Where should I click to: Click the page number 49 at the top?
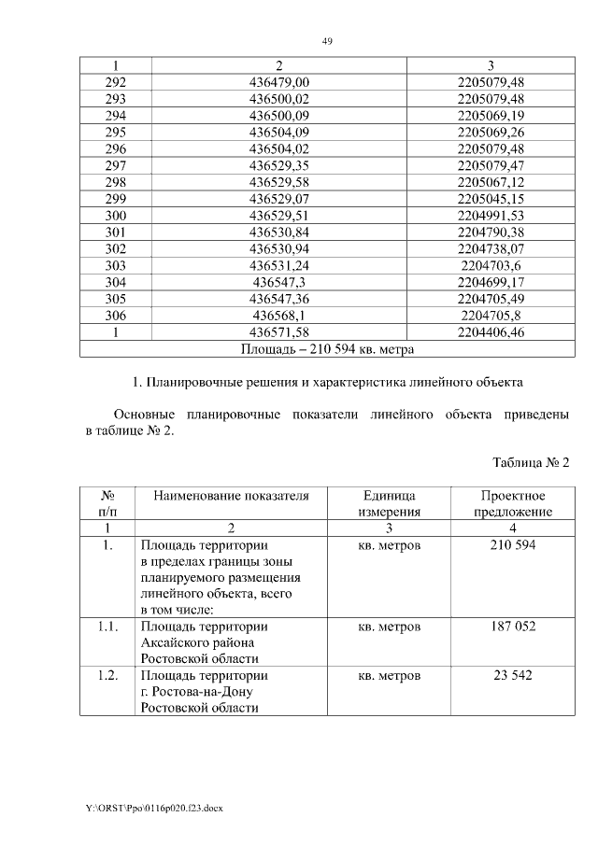pyautogui.click(x=327, y=41)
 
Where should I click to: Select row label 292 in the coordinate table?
pyautogui.click(x=116, y=83)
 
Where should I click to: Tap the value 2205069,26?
pyautogui.click(x=491, y=132)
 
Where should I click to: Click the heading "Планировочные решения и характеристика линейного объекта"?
pyautogui.click(x=327, y=382)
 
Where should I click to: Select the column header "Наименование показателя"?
pyautogui.click(x=231, y=496)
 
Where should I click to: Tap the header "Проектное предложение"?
pyautogui.click(x=513, y=503)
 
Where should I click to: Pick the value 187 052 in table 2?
pyautogui.click(x=513, y=627)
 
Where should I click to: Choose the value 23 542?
pyautogui.click(x=513, y=675)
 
